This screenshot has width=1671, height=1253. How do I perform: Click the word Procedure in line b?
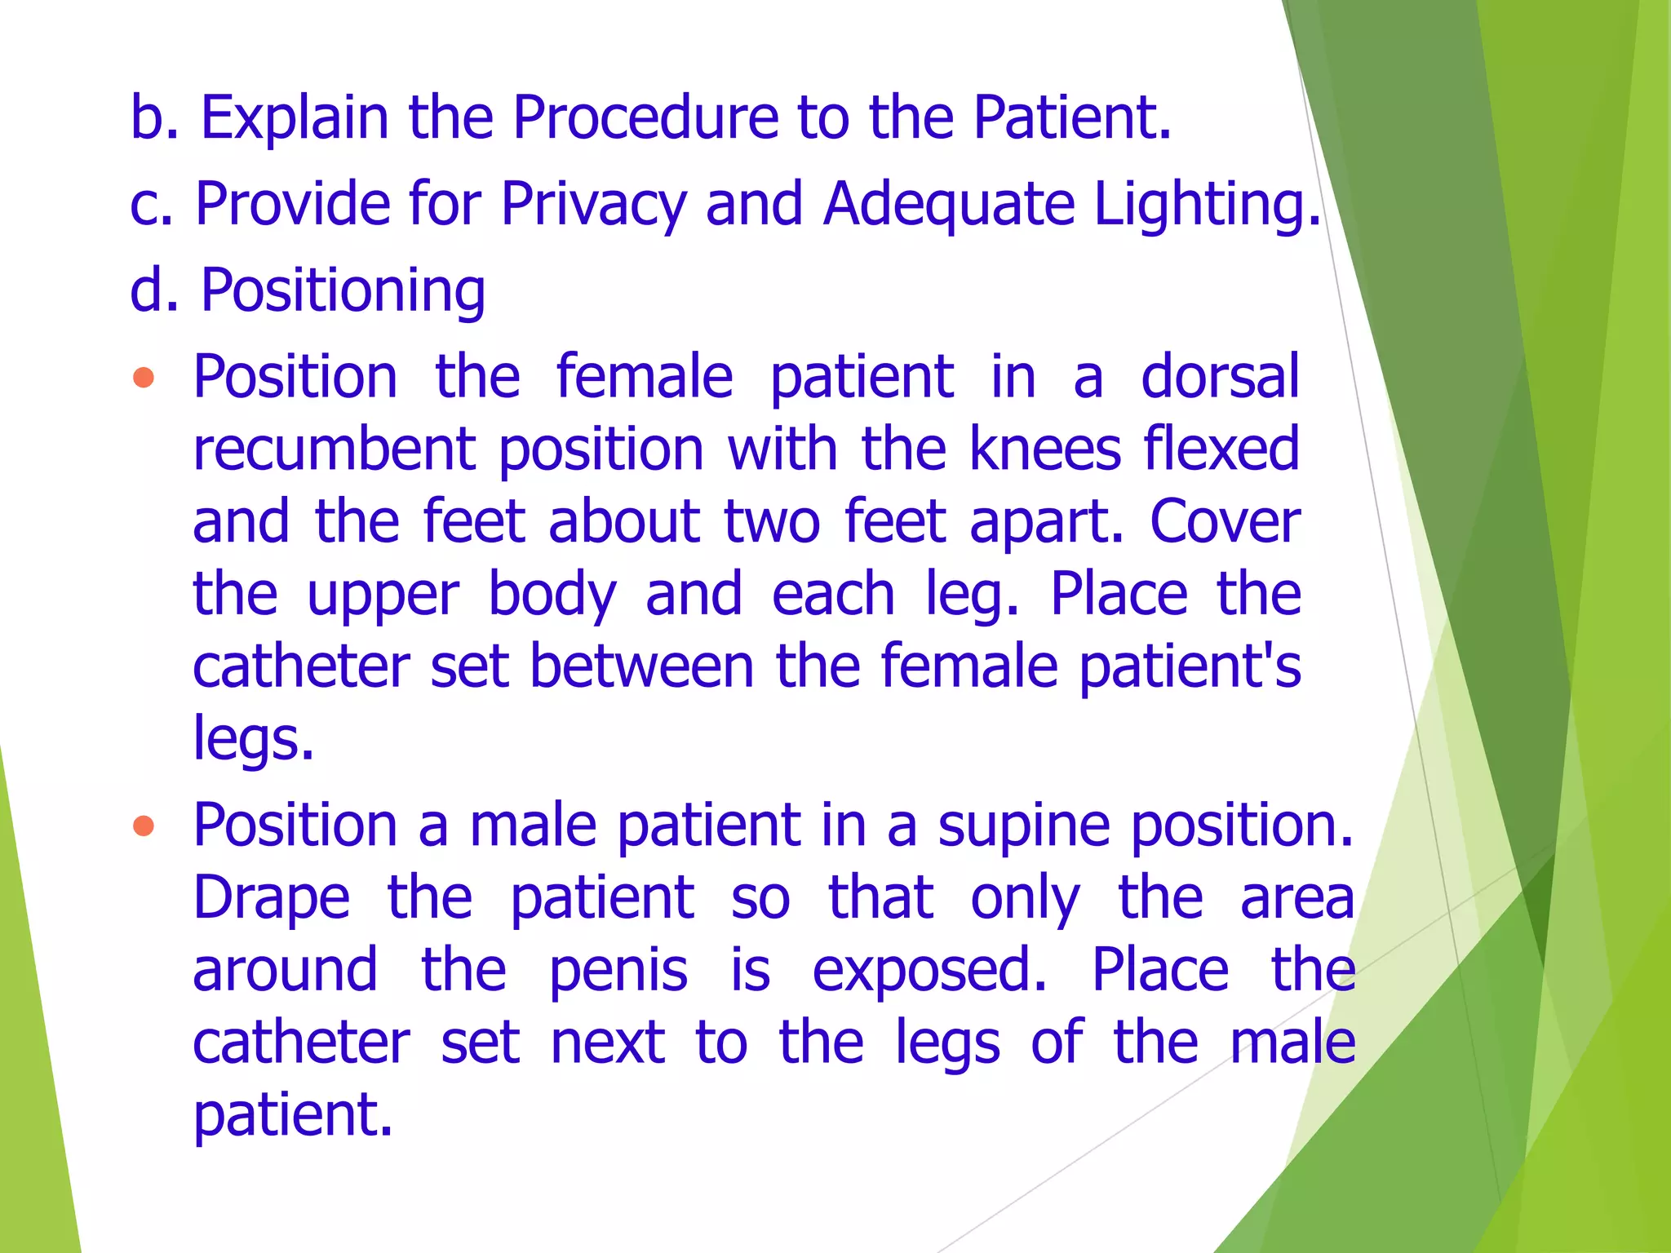645,117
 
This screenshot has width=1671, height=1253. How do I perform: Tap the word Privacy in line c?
593,204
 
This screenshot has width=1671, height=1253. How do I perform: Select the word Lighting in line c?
1206,204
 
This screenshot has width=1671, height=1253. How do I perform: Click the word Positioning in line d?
343,290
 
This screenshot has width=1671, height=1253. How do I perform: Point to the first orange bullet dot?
144,378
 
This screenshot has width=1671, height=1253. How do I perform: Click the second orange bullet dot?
144,826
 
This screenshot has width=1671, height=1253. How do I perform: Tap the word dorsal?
1220,377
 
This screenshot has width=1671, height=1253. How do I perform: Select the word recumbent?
335,449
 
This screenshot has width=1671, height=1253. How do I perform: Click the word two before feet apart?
771,522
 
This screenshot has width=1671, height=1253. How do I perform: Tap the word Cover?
1225,522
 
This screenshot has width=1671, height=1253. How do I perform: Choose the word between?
641,666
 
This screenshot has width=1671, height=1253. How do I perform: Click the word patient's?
1190,666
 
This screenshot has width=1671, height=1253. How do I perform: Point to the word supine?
1023,826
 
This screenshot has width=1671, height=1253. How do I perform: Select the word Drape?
272,898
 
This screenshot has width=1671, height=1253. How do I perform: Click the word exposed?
929,971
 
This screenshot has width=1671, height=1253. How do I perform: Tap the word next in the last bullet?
608,1043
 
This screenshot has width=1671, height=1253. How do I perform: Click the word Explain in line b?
295,117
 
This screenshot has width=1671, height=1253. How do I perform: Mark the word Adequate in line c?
949,204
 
